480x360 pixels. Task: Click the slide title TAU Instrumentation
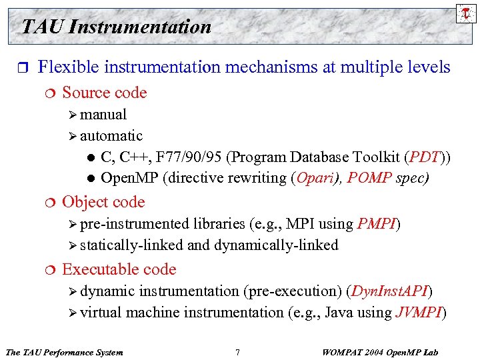pyautogui.click(x=116, y=27)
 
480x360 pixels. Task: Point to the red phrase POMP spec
pyautogui.click(x=387, y=179)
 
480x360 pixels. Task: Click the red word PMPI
pyautogui.click(x=377, y=223)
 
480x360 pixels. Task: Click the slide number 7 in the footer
pyautogui.click(x=237, y=352)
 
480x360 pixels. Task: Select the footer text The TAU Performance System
pyautogui.click(x=64, y=352)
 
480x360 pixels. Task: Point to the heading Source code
pyautogui.click(x=104, y=93)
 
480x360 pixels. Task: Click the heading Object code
pyautogui.click(x=103, y=202)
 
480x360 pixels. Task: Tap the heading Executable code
pyautogui.click(x=119, y=269)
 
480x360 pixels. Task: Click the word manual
pyautogui.click(x=103, y=115)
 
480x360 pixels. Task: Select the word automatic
pyautogui.click(x=111, y=136)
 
